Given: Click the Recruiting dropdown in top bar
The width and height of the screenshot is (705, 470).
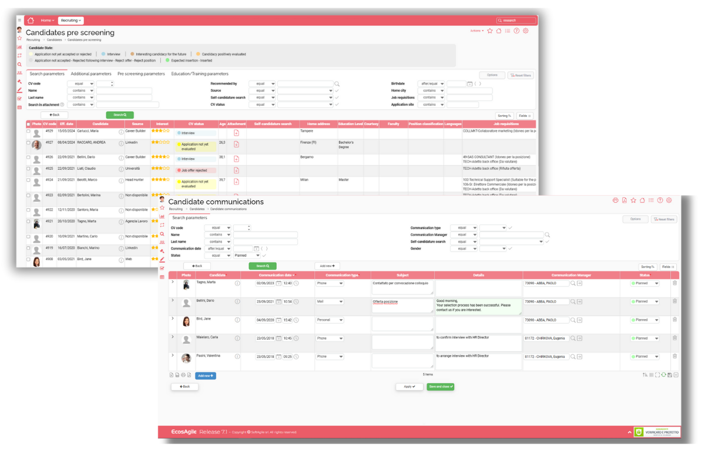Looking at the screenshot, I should click(x=71, y=21).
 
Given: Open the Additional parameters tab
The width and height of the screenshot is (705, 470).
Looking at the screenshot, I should click(x=90, y=74).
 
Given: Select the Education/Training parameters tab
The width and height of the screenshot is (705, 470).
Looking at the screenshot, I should click(x=200, y=74).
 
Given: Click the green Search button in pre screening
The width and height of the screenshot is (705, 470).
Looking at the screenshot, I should click(x=120, y=115).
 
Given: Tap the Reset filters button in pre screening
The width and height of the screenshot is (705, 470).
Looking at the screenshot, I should click(x=521, y=75).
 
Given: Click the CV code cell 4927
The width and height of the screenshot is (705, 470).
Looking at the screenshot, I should click(x=49, y=142).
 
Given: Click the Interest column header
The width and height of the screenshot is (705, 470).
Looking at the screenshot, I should click(x=162, y=124).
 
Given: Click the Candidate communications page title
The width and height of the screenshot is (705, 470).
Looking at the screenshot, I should click(x=216, y=202).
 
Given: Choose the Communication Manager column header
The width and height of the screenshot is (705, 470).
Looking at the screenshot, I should click(x=571, y=275).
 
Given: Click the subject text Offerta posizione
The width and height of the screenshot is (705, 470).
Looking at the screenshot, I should click(x=385, y=302).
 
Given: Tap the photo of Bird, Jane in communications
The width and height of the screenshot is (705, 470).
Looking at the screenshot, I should click(x=186, y=321).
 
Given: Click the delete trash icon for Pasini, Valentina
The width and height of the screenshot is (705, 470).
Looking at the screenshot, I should click(x=674, y=356).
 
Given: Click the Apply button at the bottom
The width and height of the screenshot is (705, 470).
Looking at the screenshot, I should click(x=409, y=387).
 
